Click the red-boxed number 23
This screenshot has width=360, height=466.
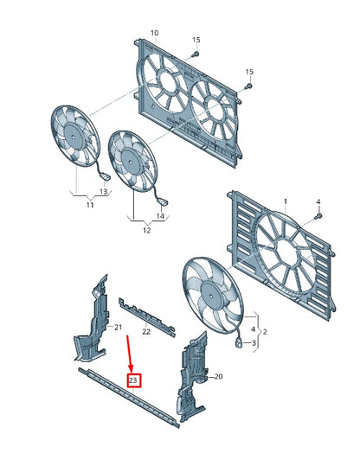pos(134,380)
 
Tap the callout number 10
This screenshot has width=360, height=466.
pos(155,34)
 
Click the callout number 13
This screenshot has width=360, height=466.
pos(102,192)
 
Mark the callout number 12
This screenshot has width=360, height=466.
pos(145,231)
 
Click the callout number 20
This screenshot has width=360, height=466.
pos(218,376)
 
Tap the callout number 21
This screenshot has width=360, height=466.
pos(119,327)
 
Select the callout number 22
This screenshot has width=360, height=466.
pos(146,331)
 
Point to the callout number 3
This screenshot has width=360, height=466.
pos(254,343)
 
